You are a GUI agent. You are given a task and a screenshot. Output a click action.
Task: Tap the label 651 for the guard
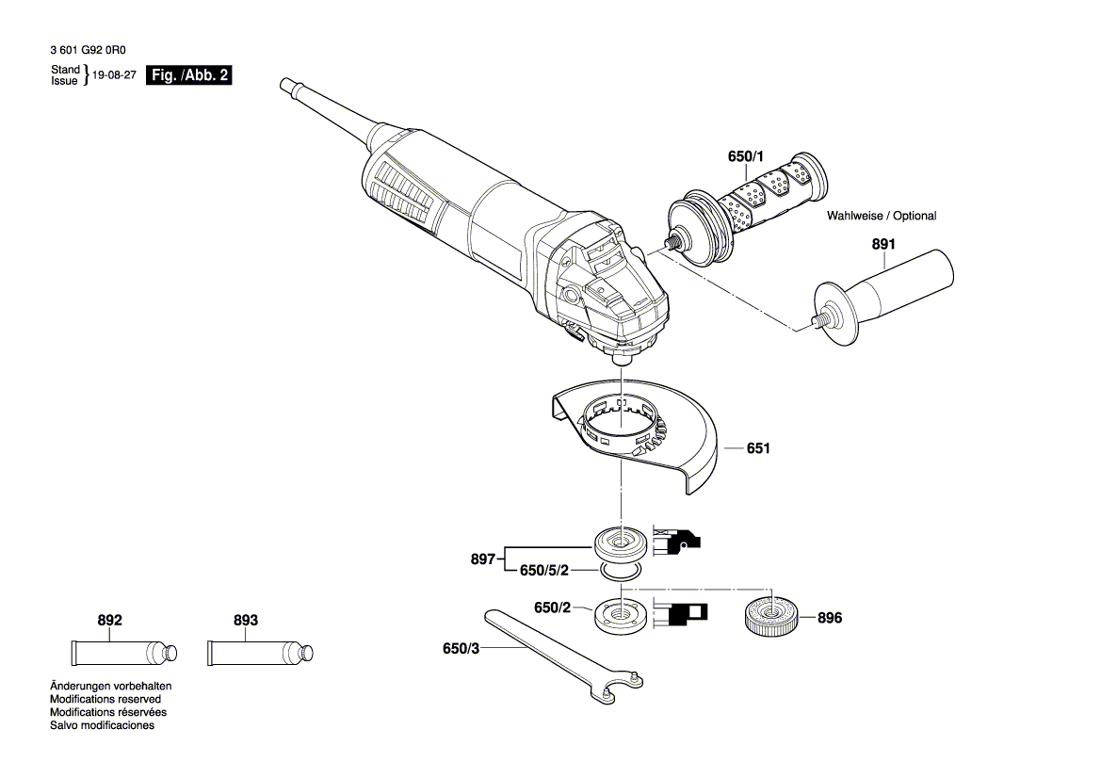pos(758,449)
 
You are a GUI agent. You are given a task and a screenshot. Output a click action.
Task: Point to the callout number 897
pos(483,559)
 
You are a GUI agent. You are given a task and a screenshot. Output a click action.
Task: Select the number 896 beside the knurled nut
pos(830,618)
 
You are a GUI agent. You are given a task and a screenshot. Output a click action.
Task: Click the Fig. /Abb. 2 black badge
pos(188,75)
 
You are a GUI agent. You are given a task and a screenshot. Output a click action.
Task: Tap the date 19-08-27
pos(114,76)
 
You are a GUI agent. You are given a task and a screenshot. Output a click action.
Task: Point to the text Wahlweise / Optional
pos(882,216)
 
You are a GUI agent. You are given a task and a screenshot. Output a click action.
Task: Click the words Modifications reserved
pos(105,699)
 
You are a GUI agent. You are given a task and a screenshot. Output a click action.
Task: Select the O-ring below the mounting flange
pos(621,571)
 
